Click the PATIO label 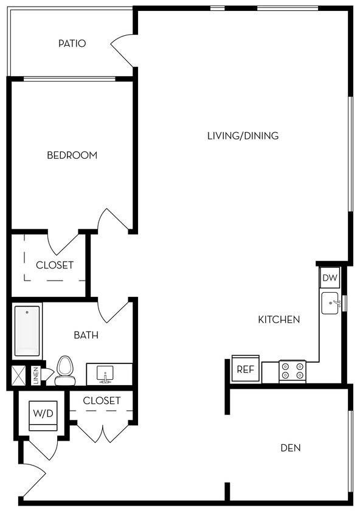[72, 44]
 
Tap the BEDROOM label [72, 155]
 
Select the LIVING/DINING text [243, 136]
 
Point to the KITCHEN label [279, 319]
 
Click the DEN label [290, 448]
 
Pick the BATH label [86, 335]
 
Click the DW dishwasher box [330, 278]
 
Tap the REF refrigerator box [245, 369]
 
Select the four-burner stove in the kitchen [292, 371]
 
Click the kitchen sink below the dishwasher [330, 303]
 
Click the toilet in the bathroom [64, 371]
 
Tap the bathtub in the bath [27, 330]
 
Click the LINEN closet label [36, 375]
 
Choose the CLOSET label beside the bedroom [54, 265]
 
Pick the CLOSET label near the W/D [102, 400]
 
